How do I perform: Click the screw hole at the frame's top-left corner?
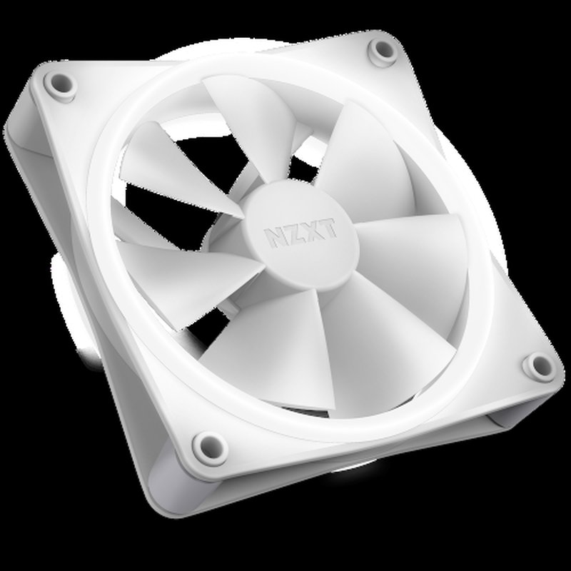(60, 85)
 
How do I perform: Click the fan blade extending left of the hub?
(178, 271)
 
